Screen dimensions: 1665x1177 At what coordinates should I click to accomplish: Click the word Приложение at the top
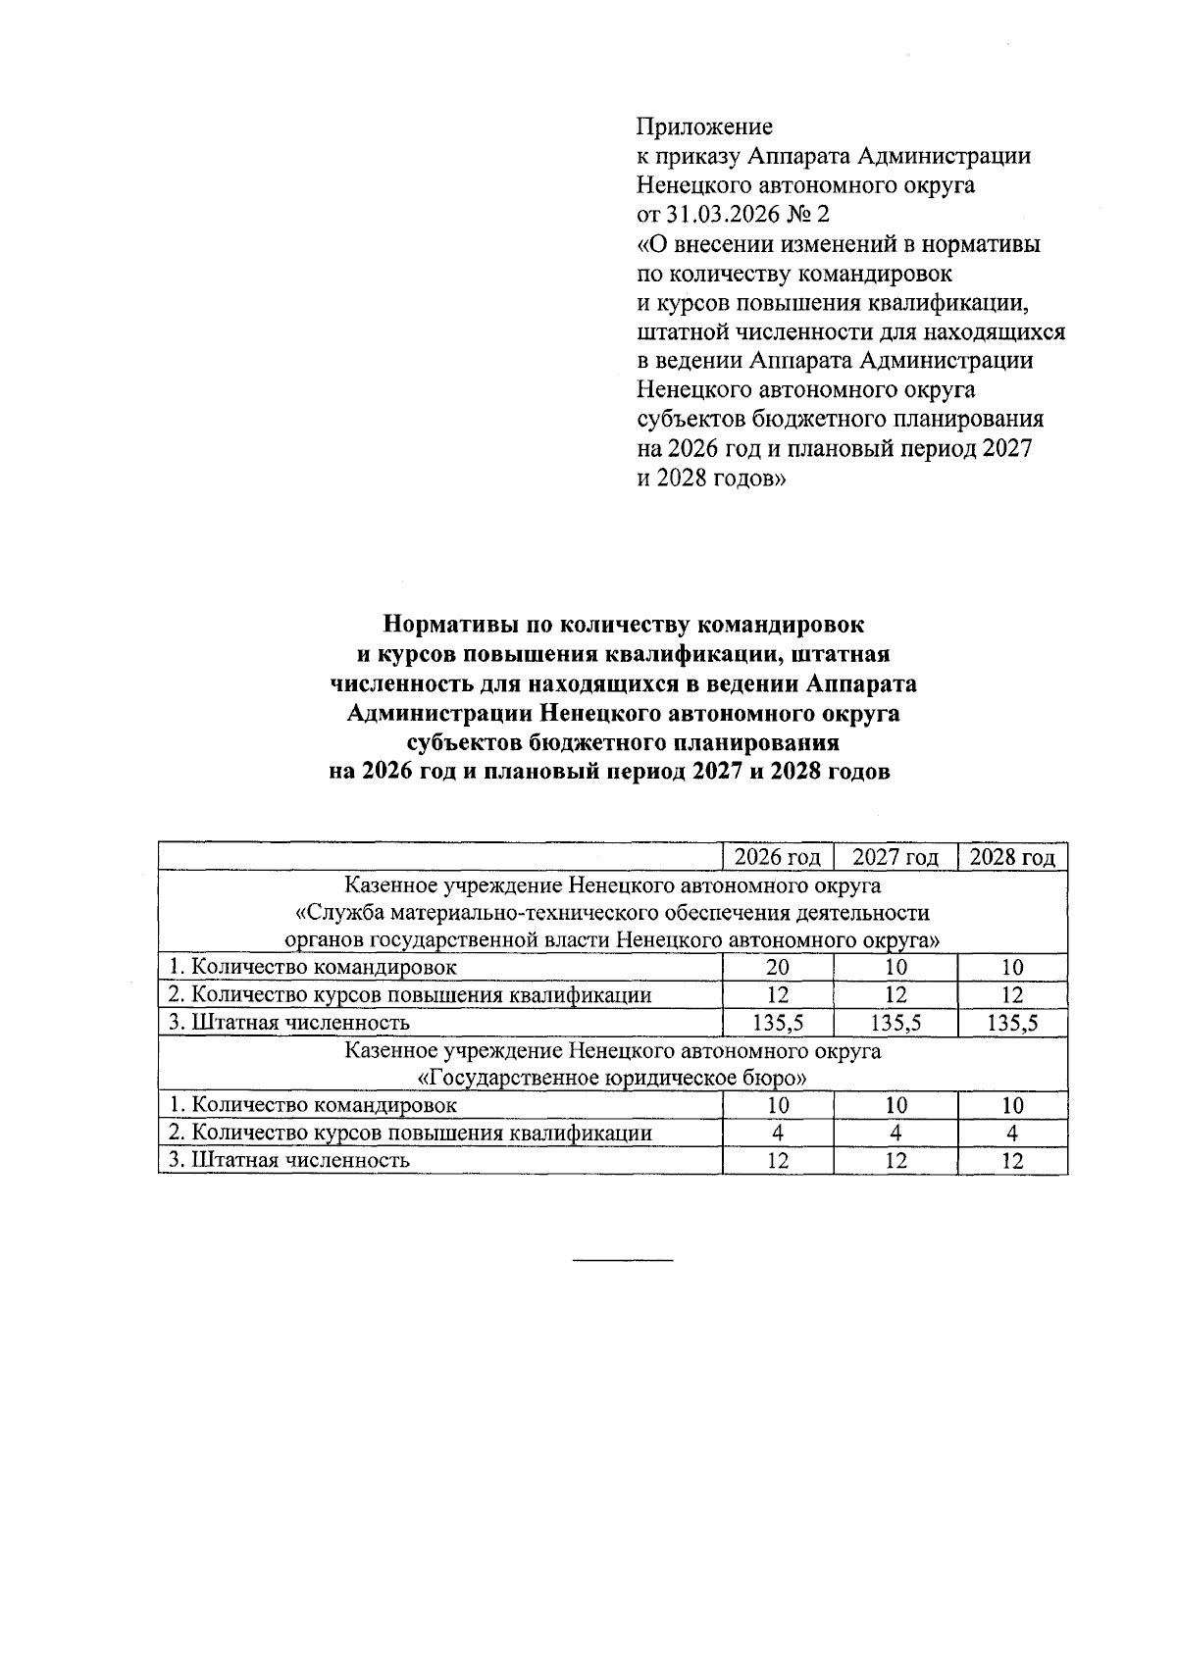(704, 126)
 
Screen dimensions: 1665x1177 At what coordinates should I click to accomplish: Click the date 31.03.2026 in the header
(719, 214)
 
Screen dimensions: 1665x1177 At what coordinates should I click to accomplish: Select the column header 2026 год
(777, 858)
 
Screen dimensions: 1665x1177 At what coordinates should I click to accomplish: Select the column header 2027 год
(895, 858)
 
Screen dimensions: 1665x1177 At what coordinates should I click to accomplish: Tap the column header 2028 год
(1012, 858)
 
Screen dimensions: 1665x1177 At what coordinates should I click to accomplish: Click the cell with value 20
(777, 968)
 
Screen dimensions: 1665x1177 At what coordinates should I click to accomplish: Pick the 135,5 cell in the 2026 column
(777, 1024)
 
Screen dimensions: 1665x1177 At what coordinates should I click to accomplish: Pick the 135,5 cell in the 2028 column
(1012, 1024)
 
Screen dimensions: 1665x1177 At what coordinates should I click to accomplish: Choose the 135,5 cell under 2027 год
(895, 1024)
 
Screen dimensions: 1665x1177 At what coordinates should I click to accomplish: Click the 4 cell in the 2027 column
(895, 1134)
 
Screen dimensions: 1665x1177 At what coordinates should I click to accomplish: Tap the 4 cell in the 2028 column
(1012, 1134)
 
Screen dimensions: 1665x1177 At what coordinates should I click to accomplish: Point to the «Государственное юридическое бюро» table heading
(613, 1079)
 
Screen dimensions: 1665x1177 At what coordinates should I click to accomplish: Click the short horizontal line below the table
(623, 1258)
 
